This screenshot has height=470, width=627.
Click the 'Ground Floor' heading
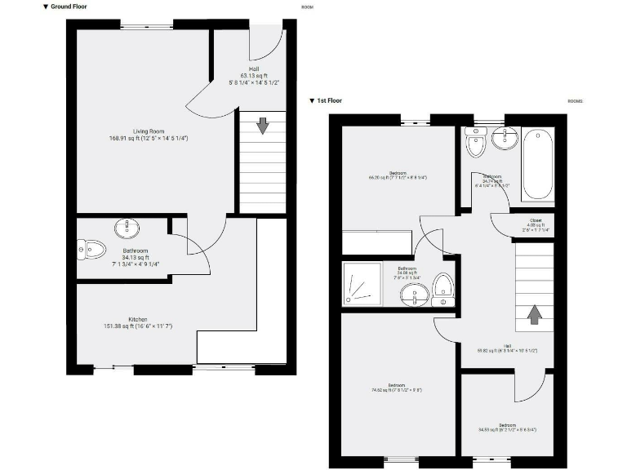point(69,7)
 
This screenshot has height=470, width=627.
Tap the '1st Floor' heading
point(329,101)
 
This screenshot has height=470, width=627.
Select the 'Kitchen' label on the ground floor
point(137,318)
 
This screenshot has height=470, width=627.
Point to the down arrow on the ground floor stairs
point(262,126)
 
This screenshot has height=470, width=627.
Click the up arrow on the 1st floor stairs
point(535,314)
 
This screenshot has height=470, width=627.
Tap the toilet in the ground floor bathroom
point(91,249)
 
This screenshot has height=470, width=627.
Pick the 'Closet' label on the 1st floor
point(536,219)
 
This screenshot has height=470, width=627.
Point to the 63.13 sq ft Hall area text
point(256,75)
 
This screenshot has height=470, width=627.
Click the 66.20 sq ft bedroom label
point(398,175)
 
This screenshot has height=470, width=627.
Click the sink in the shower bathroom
point(415,296)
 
